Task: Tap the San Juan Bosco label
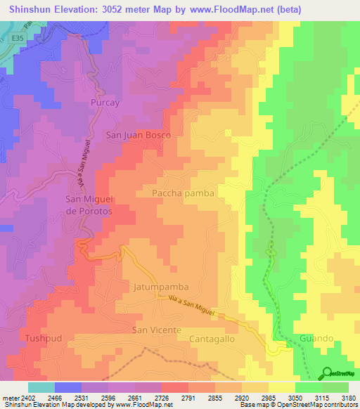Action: coord(138,134)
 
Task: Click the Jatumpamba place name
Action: coord(156,287)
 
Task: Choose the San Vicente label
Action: coord(157,330)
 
